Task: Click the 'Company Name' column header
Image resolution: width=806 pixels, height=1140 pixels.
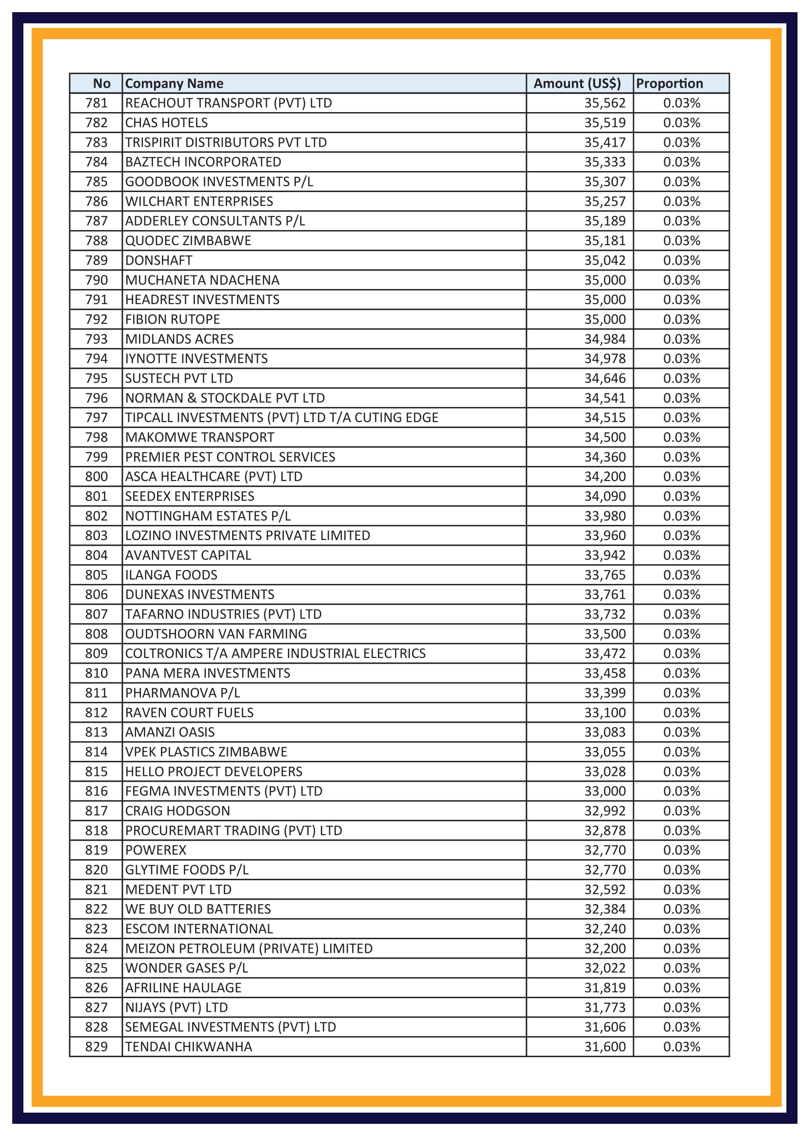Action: tap(174, 83)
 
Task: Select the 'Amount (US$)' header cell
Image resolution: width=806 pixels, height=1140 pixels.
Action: tap(576, 83)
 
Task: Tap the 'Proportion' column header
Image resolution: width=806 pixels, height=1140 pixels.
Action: tap(669, 83)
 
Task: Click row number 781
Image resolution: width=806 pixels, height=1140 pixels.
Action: tap(97, 103)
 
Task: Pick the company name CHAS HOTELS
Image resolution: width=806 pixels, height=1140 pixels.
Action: tap(166, 123)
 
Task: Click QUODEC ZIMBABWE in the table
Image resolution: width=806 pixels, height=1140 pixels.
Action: tap(188, 240)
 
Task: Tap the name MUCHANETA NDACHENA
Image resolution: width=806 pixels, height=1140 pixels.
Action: tap(202, 280)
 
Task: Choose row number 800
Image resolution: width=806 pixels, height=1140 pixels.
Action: tap(97, 477)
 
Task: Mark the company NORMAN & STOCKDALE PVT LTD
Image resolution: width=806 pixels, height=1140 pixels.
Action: tap(225, 398)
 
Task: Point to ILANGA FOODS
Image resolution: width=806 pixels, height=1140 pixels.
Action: tap(171, 575)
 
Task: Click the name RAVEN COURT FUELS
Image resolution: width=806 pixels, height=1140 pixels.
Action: tap(189, 713)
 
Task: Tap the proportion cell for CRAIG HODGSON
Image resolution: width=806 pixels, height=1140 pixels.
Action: tap(681, 811)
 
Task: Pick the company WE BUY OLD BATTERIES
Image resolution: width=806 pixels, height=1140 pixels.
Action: tap(198, 909)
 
